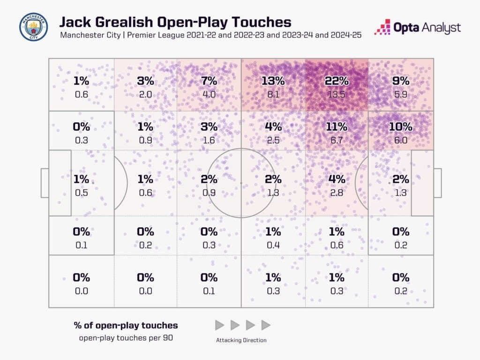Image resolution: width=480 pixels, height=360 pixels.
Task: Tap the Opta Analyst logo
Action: click(417, 28)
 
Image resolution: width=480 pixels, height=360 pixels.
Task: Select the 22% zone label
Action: click(337, 81)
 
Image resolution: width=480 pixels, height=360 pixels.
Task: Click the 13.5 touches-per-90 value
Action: click(337, 94)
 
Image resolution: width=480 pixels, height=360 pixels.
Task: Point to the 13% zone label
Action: click(273, 81)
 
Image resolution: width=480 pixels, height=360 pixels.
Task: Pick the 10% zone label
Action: click(400, 127)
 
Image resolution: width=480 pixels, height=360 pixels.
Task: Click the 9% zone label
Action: click(400, 81)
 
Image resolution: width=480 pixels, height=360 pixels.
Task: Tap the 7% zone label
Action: click(209, 81)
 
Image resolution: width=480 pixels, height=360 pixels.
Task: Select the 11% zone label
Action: click(337, 127)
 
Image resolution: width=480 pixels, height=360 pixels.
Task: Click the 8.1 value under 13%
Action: click(273, 94)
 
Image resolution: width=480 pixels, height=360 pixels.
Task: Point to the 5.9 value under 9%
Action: click(400, 94)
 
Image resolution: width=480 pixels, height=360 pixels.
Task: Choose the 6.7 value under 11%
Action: click(337, 140)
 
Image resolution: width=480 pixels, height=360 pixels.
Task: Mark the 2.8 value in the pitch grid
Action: click(337, 192)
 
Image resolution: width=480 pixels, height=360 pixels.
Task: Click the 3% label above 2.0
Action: click(145, 81)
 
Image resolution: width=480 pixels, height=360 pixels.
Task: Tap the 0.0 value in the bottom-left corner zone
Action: click(82, 291)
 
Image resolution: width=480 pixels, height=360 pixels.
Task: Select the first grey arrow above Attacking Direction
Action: click(219, 325)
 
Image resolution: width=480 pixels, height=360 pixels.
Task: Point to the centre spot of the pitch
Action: click(241, 183)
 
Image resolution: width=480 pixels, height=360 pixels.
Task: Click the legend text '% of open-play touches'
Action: click(126, 325)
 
